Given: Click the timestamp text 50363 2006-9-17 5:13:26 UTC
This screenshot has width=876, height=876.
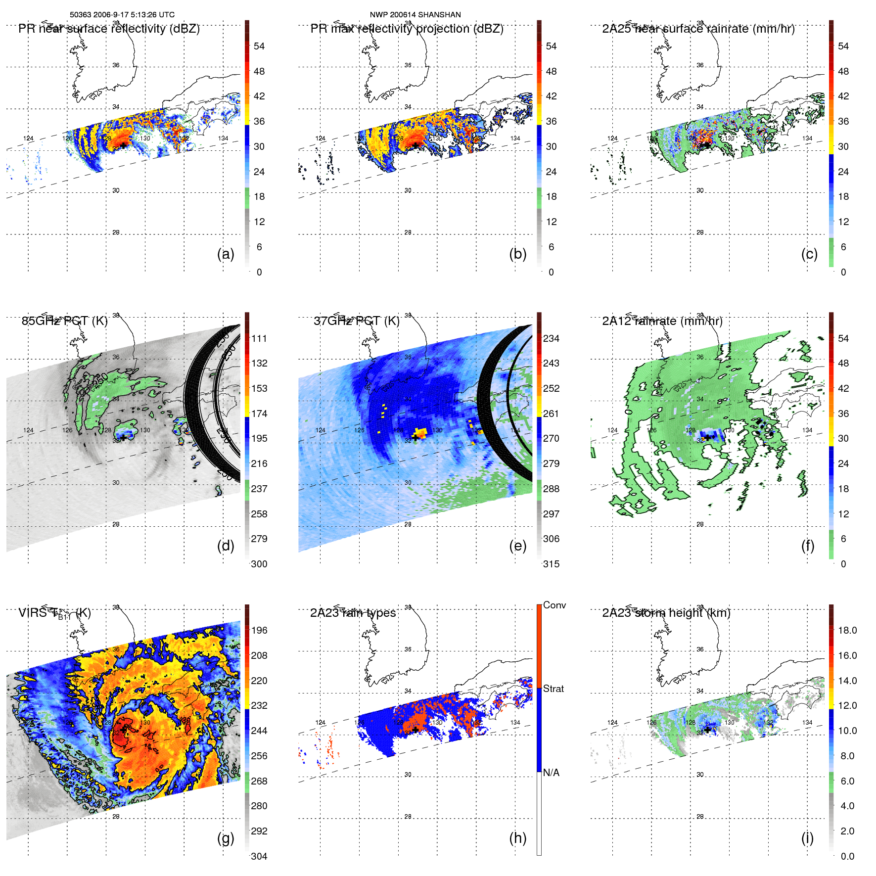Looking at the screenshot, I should (122, 15).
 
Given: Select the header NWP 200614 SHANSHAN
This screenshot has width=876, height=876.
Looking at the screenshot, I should (415, 15).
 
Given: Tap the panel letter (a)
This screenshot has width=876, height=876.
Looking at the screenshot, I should (226, 254).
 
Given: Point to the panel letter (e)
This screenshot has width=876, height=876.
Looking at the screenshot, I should (517, 546).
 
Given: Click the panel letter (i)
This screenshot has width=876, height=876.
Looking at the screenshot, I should (807, 838).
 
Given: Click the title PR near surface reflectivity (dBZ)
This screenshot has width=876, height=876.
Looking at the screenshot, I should (109, 29).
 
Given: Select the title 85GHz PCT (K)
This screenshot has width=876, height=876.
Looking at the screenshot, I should (64, 321).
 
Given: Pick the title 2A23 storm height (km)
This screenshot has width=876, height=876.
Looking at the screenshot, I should (666, 613).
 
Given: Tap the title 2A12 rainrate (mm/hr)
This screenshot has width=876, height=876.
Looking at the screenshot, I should (662, 321).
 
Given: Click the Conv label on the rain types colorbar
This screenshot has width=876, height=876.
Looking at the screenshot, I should (554, 605).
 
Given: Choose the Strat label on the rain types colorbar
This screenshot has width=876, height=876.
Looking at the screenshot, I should (553, 689).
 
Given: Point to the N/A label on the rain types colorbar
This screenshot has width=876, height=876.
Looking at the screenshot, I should (551, 773).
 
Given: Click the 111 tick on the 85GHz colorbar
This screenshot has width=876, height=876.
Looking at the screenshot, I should (259, 338).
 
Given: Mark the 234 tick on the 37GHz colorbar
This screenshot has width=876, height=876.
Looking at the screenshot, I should (551, 338).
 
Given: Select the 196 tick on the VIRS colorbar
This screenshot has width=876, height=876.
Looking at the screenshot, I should (259, 630).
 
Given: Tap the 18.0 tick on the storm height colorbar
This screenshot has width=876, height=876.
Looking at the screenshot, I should (847, 630).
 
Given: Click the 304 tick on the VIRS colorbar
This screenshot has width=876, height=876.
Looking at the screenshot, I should (259, 856).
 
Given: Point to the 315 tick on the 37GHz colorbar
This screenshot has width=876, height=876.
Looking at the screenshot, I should (551, 564).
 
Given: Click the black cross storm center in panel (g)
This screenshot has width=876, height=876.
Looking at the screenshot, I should (123, 730).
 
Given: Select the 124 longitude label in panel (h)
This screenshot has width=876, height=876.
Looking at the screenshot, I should (321, 723).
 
